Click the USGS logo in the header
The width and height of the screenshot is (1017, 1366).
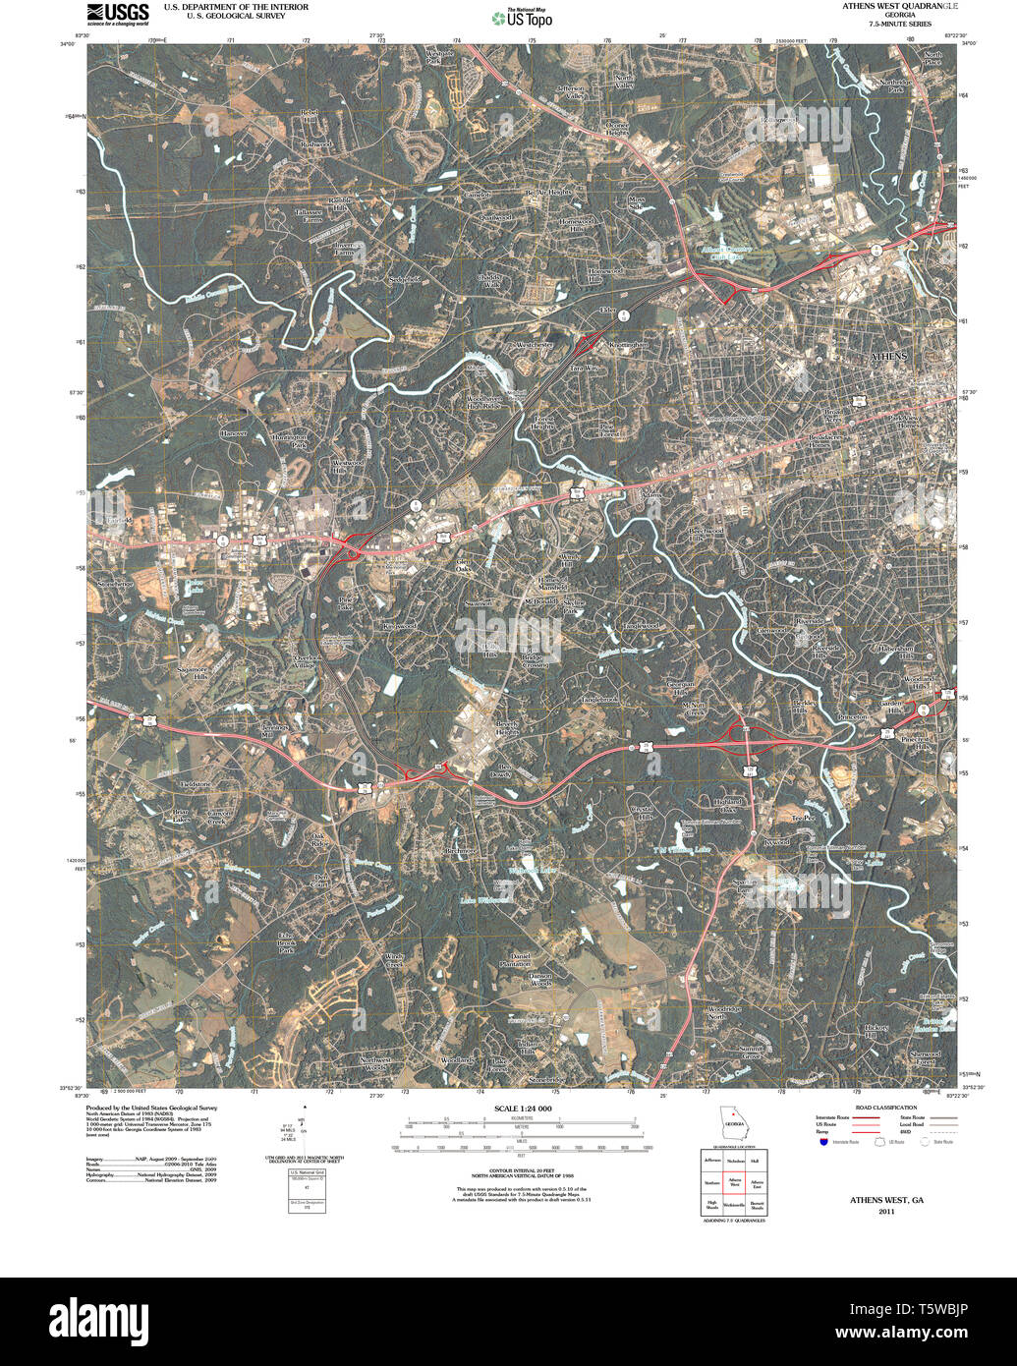118,14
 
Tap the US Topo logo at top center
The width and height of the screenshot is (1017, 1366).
522,17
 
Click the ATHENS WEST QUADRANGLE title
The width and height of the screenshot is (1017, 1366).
901,6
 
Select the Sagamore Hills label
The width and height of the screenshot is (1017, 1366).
193,672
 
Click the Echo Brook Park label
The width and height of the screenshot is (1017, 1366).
286,942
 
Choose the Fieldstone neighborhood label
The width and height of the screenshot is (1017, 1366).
196,783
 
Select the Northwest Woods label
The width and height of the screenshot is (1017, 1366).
373,1063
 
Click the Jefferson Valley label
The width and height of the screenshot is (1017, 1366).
571,92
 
